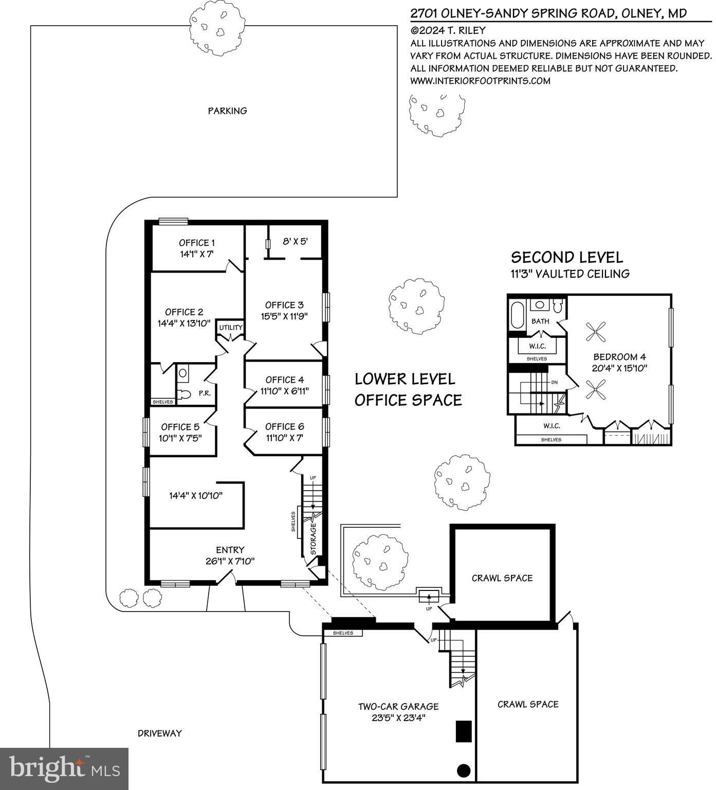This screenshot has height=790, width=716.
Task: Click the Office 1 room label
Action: (197, 243)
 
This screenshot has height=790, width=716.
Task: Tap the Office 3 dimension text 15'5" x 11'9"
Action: (284, 316)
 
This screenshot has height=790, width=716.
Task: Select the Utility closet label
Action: (231, 328)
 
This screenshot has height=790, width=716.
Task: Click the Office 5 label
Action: (180, 427)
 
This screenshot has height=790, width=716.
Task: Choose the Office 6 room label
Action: (285, 426)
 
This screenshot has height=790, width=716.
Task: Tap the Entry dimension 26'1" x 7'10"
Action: (230, 561)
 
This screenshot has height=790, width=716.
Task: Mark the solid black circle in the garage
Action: (464, 770)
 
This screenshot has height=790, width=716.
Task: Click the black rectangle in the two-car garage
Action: (464, 731)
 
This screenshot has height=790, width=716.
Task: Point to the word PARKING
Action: (227, 111)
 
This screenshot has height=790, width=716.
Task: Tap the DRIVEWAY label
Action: (160, 733)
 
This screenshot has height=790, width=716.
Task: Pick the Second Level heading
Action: (567, 257)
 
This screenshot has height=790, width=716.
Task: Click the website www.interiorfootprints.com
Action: (480, 81)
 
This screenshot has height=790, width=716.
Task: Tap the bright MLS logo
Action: (64, 768)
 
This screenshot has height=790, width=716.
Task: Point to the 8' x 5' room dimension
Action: (296, 241)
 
